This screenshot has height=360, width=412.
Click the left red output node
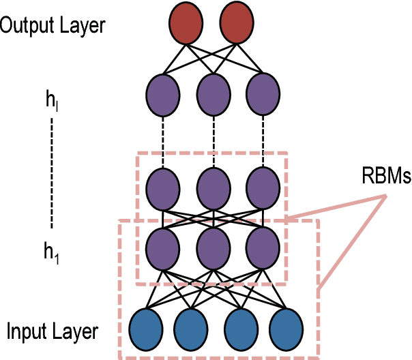(x=186, y=22)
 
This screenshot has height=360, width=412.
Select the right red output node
(x=236, y=22)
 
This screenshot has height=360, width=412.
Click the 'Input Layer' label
(x=53, y=332)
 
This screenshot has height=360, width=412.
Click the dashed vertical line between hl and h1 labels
(x=52, y=174)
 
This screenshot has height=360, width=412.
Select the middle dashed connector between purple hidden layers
(x=213, y=140)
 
